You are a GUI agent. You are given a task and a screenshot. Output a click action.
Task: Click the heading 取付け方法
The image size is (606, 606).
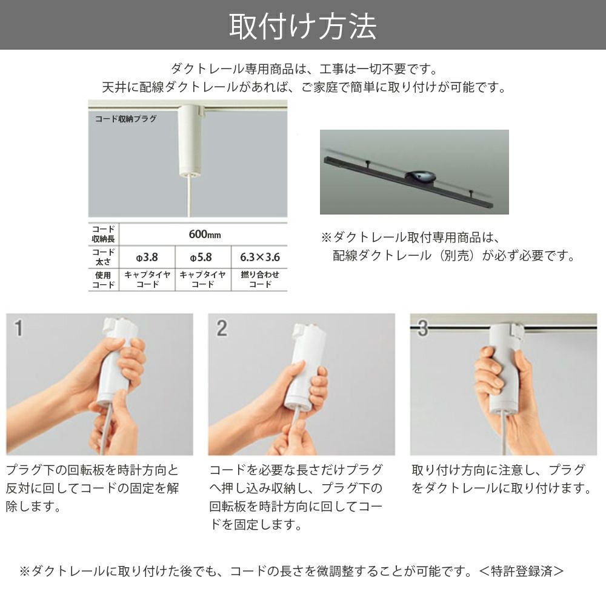click(x=302, y=25)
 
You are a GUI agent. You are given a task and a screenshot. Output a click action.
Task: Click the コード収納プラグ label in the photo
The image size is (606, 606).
click(x=125, y=119)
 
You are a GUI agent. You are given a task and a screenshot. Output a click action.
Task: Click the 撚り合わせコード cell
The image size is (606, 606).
click(x=259, y=279)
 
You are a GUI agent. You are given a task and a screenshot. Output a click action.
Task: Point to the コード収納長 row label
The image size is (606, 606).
click(x=104, y=233)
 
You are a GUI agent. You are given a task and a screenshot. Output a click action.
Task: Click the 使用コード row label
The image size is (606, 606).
click(x=104, y=279)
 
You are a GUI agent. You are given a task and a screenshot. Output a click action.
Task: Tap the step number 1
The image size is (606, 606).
click(x=19, y=329)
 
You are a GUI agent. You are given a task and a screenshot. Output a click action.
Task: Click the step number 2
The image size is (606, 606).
click(x=222, y=329)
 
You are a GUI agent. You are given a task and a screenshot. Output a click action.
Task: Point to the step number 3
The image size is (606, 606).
click(x=423, y=329)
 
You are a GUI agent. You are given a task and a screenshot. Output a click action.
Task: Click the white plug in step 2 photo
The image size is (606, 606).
click(x=303, y=370)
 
